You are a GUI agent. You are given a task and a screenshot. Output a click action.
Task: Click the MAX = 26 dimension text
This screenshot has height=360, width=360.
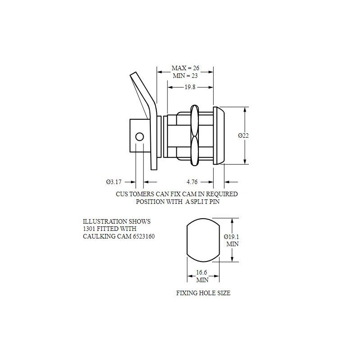pos(185,68)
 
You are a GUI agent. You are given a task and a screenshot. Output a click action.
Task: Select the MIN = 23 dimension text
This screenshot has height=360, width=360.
pos(185,76)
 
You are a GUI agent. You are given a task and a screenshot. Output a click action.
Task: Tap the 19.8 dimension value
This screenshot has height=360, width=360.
pos(190,87)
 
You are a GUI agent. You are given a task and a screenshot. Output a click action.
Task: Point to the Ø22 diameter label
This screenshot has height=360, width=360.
pos(243,135)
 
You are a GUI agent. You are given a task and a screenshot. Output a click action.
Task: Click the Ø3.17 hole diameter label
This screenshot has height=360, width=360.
pos(114,182)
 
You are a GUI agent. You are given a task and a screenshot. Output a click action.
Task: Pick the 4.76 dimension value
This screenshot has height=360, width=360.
pos(192,182)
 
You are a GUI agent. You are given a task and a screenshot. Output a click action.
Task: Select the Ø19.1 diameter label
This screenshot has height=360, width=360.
pos(231,237)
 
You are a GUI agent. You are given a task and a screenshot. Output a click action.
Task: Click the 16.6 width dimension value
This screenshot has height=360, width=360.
pos(201,273)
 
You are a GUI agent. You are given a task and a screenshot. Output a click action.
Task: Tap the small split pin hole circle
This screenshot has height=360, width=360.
pos(139,137)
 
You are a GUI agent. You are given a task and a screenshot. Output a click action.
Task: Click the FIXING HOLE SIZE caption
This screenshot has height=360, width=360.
pos(203,293)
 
